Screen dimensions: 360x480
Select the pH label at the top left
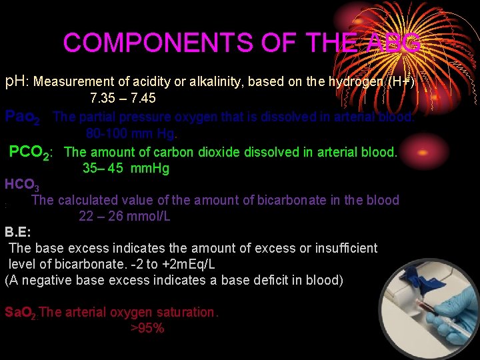click(x=16, y=82)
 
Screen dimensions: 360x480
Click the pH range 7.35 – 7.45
click(x=123, y=99)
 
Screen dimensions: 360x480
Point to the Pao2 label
click(x=22, y=117)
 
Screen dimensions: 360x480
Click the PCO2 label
click(x=30, y=153)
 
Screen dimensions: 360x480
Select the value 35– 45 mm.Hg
click(x=126, y=168)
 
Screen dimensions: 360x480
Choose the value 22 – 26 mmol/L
click(x=125, y=216)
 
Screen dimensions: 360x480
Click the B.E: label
click(x=18, y=233)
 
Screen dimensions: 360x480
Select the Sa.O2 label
click(x=21, y=312)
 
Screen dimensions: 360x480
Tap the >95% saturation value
click(x=147, y=328)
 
